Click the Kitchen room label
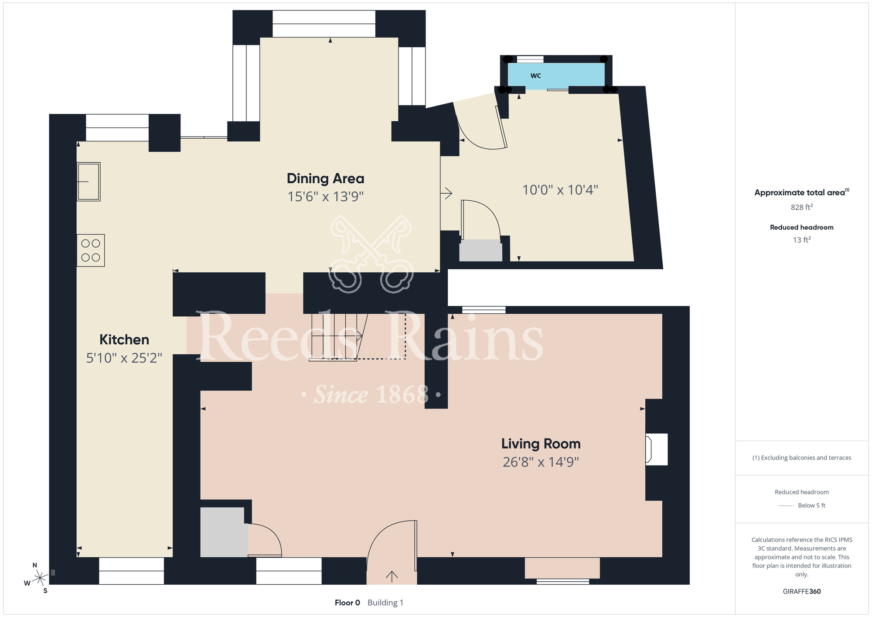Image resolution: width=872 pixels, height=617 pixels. (x=124, y=339)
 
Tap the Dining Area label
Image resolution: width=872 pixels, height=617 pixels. (x=325, y=178)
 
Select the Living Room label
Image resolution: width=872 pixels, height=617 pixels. (x=541, y=444)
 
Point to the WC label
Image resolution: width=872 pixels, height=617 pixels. (x=535, y=75)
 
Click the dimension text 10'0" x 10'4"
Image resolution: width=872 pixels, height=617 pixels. (x=560, y=190)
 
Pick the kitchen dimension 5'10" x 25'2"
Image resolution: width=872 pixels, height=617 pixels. (x=124, y=358)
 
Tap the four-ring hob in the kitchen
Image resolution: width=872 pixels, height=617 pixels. (x=91, y=250)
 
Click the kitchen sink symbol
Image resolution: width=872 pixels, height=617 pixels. (x=89, y=182)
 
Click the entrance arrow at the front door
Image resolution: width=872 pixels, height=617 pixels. (x=392, y=576)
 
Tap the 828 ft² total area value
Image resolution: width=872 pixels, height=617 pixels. (x=801, y=207)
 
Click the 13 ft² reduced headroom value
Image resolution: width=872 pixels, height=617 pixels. (x=801, y=240)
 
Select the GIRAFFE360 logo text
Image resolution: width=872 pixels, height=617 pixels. (x=801, y=591)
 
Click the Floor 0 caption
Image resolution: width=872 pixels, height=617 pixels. (x=347, y=603)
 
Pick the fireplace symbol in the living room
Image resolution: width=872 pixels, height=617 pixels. (x=656, y=449)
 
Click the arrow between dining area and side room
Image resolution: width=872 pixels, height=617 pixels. (x=446, y=193)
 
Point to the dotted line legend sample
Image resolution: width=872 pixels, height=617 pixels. (x=786, y=506)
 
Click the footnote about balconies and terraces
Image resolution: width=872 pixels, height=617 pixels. (x=801, y=458)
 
